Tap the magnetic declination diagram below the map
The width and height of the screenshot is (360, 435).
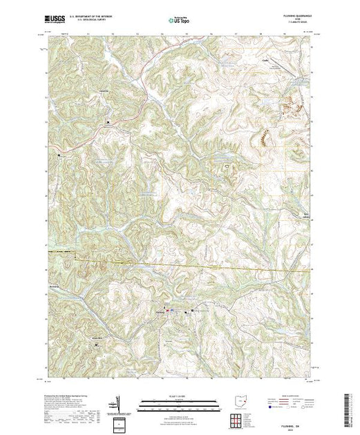click(x=122, y=400)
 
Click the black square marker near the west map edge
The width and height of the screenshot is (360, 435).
click(x=59, y=155)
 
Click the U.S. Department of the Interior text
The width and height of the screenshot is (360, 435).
click(x=93, y=17)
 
